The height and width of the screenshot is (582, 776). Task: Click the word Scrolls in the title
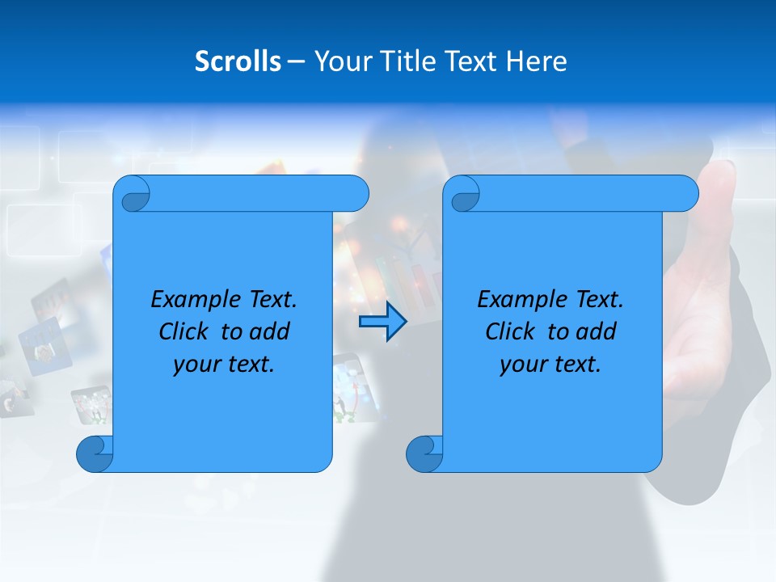pos(238,61)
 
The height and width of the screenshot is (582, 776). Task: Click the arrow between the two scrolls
pos(382,322)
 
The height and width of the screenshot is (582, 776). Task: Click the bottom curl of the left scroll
pos(94,454)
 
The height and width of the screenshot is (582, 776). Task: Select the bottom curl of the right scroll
pos(424,454)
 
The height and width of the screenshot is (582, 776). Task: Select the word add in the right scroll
pos(597,331)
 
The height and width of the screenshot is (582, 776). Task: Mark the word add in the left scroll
pos(270,331)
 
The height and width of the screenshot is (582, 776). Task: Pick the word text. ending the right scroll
pos(574,365)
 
